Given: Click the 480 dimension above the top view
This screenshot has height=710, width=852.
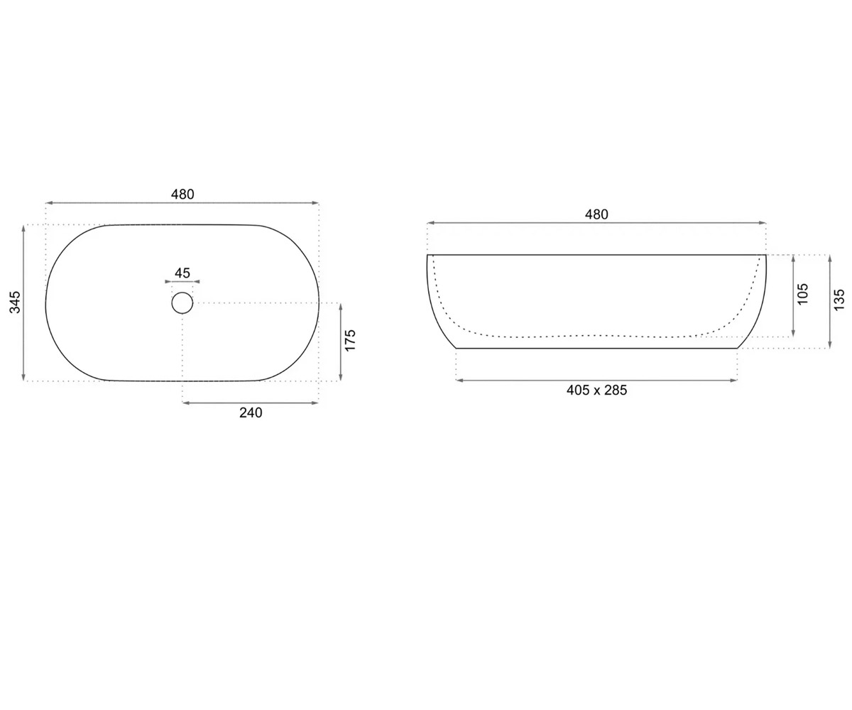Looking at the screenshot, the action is coord(182,195).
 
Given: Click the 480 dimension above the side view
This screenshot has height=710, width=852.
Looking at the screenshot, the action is coord(596,214).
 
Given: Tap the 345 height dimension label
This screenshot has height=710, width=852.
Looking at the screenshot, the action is coord(15,302).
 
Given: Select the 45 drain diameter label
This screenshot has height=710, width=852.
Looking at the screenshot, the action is coord(182,273).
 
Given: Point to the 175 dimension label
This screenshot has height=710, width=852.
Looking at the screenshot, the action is coord(351,340).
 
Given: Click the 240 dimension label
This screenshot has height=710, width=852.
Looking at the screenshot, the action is coord(251,413).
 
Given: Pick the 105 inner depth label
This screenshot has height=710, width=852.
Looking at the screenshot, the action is coord(802,294).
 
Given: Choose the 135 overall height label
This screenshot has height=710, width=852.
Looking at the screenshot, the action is coord(839,300).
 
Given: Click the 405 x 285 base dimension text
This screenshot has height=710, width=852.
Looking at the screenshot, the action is coord(596,390).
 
